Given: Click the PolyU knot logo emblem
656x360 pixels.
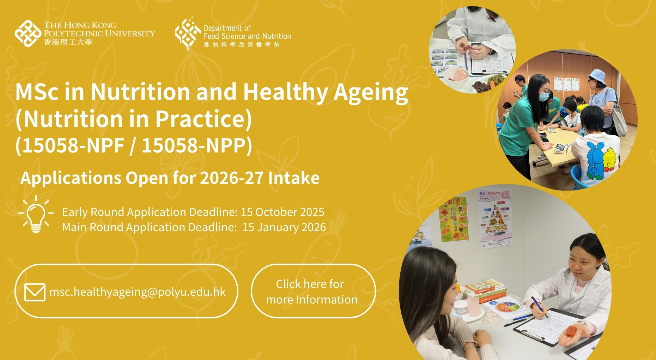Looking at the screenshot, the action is click(x=28, y=34).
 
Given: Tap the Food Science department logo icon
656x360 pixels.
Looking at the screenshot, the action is click(x=188, y=33).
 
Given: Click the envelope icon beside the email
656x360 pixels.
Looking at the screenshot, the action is click(x=35, y=292).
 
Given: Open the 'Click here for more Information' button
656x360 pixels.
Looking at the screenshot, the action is click(x=313, y=291).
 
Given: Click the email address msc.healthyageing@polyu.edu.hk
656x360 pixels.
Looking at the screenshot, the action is click(x=138, y=292).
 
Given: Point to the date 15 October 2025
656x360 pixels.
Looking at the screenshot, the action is click(x=283, y=212).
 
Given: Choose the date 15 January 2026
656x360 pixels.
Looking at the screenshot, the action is click(x=284, y=227).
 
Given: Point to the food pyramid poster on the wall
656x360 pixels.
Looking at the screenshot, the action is click(x=496, y=219).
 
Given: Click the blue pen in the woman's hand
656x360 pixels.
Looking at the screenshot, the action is click(x=539, y=306).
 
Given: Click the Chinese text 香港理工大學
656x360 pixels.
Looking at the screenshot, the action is click(x=68, y=42).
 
